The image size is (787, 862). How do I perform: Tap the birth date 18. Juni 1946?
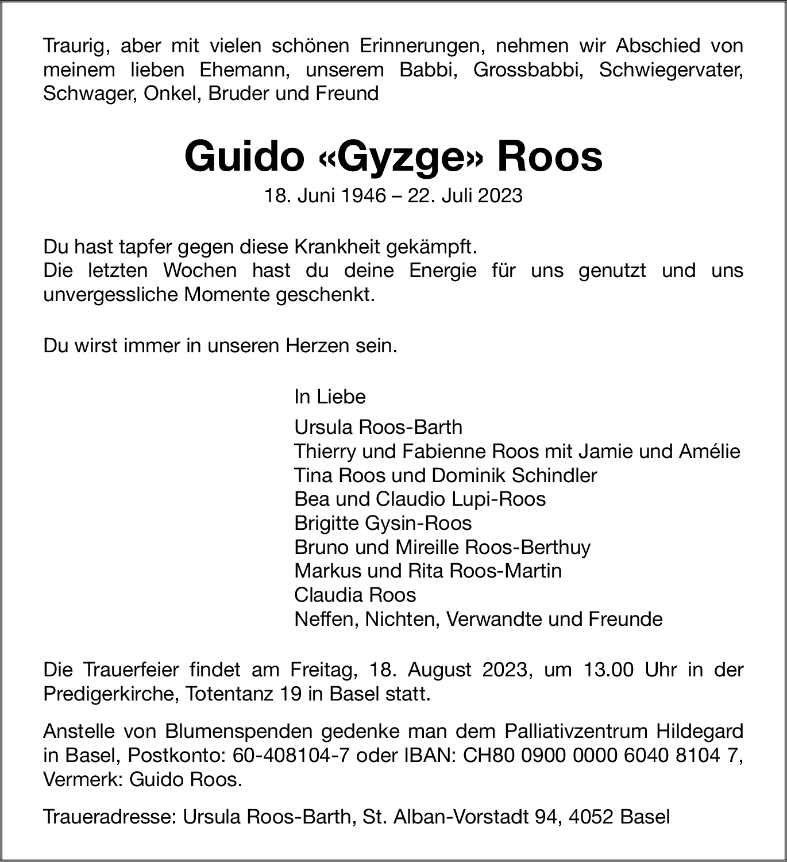click(x=325, y=196)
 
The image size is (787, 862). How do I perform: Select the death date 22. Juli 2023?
click(x=465, y=196)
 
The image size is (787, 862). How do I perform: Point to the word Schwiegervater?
click(x=670, y=70)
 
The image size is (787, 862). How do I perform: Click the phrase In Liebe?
click(x=330, y=397)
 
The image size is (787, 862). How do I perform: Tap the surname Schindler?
click(x=554, y=475)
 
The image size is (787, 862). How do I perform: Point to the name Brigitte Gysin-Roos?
click(x=383, y=523)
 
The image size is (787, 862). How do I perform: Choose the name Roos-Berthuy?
click(x=527, y=547)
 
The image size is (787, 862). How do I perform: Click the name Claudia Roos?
click(x=355, y=595)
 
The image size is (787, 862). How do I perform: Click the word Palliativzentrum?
click(x=575, y=732)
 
